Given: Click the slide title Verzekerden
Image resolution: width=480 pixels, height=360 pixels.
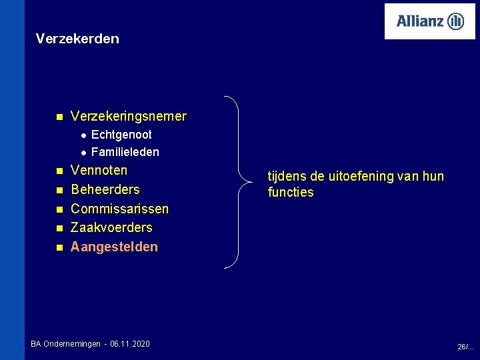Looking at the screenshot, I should tap(77, 39).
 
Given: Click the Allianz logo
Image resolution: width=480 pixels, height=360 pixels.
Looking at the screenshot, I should tap(430, 21).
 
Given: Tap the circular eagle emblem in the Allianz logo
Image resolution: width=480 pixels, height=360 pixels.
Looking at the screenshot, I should tap(455, 21).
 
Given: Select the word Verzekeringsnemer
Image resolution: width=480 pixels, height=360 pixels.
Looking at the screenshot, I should tap(129, 117).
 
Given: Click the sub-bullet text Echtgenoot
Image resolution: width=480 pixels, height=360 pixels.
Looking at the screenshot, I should tap(121, 135).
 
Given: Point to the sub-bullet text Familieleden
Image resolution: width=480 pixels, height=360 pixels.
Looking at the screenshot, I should tap(125, 152).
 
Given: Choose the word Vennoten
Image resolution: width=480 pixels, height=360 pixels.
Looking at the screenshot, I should tap(99, 171).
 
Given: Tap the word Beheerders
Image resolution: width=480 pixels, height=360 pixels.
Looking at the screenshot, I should tap(105, 189).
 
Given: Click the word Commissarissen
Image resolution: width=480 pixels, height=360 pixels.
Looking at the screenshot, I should tap(119, 209).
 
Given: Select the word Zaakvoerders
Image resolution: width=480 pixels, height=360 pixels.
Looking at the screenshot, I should tap(111, 227).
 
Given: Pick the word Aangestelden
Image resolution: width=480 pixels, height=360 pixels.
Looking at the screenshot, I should tap(114, 247).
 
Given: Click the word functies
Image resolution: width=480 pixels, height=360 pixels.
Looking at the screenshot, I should tap(291, 193).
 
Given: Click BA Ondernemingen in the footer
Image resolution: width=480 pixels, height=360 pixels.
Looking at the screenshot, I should tap(64, 344).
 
